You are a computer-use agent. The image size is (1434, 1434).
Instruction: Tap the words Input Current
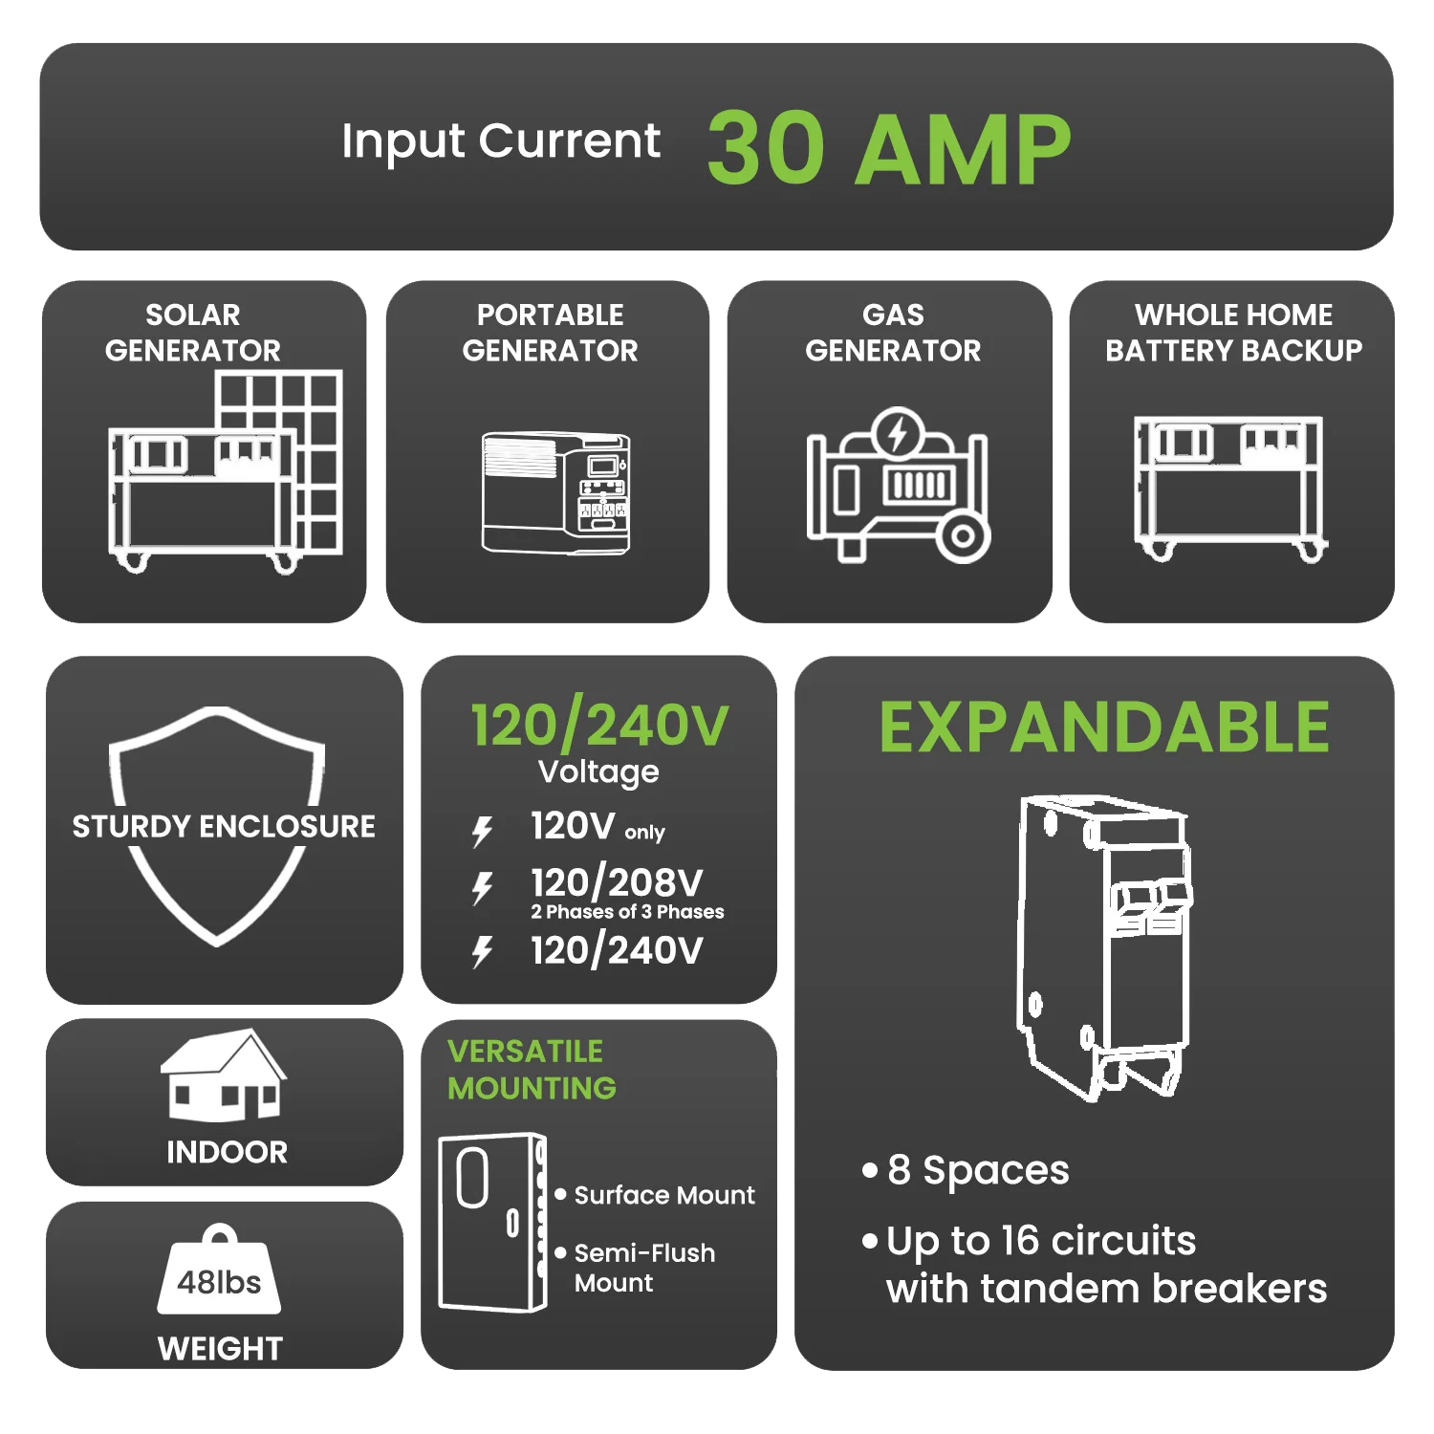click(500, 141)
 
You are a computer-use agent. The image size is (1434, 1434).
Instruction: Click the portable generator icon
click(555, 492)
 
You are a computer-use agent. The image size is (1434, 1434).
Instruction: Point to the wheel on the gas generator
click(963, 536)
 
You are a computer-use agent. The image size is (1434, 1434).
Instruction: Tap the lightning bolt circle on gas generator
click(897, 435)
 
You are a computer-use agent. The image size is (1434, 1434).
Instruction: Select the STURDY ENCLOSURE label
click(224, 826)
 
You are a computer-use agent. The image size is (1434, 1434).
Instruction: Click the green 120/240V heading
click(599, 726)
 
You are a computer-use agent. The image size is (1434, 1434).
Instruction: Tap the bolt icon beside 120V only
click(483, 831)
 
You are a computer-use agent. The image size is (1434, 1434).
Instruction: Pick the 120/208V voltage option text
click(617, 881)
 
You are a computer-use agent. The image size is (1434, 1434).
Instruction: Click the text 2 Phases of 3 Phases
click(627, 912)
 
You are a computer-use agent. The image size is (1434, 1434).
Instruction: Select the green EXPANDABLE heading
click(1104, 728)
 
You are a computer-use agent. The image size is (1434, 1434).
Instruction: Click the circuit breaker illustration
click(1104, 946)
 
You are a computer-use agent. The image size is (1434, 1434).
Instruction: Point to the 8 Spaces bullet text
click(978, 1170)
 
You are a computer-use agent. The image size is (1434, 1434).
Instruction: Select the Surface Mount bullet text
click(664, 1195)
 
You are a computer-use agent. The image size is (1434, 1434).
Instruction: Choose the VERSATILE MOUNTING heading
click(532, 1070)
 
